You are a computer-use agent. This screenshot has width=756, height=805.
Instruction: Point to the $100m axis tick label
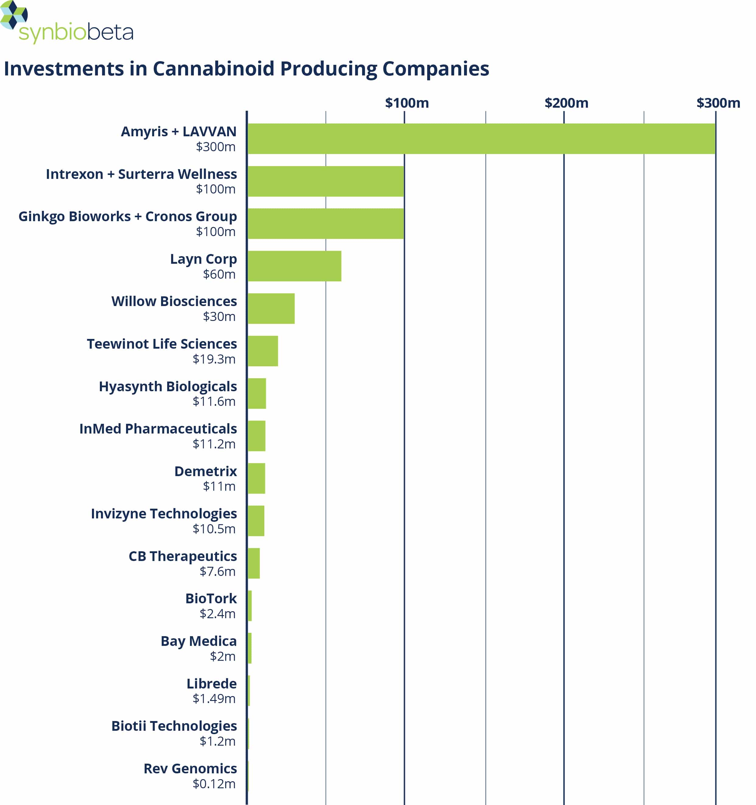(407, 103)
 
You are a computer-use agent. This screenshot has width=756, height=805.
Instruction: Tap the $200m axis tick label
(566, 103)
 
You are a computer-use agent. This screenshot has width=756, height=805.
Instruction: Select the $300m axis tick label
(718, 103)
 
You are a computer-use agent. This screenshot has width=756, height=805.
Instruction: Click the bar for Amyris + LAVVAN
(481, 138)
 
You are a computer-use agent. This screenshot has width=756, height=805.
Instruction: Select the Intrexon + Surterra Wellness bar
(326, 181)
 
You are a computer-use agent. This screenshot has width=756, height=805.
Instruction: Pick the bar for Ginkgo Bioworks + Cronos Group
(326, 224)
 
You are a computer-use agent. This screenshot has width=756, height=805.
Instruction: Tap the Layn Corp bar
(294, 266)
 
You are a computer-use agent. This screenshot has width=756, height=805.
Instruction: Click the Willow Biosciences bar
(271, 308)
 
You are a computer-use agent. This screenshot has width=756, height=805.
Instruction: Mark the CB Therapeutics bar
(254, 563)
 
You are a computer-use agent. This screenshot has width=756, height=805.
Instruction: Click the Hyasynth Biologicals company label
(168, 387)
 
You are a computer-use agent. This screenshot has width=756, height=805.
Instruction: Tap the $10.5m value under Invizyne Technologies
(214, 528)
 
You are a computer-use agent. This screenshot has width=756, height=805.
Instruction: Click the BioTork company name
(211, 598)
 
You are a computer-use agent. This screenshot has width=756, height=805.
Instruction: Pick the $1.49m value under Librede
(214, 698)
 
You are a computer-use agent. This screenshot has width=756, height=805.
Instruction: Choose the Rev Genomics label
(190, 768)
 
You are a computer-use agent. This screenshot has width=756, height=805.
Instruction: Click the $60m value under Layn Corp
(219, 274)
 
